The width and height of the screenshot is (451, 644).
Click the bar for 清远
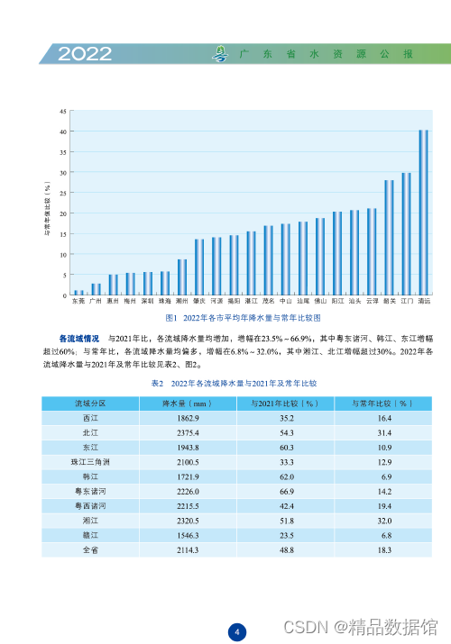(423, 213)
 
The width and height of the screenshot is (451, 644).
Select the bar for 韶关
(389, 238)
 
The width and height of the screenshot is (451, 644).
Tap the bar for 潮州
(182, 277)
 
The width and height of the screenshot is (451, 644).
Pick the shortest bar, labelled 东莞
(78, 293)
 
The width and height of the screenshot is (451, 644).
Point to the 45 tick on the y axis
(62, 112)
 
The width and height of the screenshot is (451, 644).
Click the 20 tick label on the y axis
(62, 213)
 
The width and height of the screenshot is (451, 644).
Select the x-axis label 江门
(406, 303)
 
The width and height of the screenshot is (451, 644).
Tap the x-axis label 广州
(96, 303)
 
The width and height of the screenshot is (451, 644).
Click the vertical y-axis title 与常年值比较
(47, 205)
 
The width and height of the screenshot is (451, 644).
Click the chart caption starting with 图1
(244, 319)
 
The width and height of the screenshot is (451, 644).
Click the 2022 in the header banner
(86, 55)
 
